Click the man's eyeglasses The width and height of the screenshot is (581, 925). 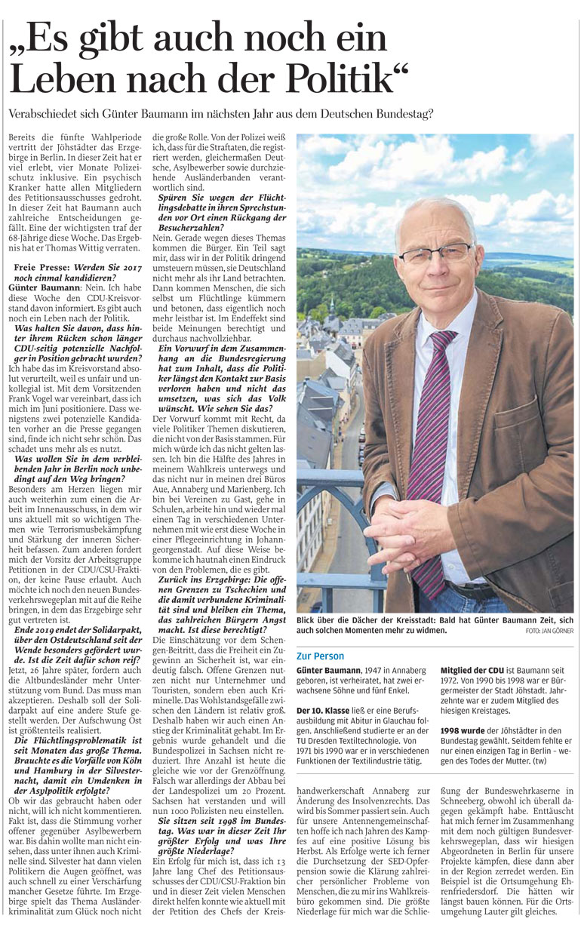pyautogui.click(x=435, y=253)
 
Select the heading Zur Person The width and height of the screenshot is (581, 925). pyautogui.click(x=320, y=656)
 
